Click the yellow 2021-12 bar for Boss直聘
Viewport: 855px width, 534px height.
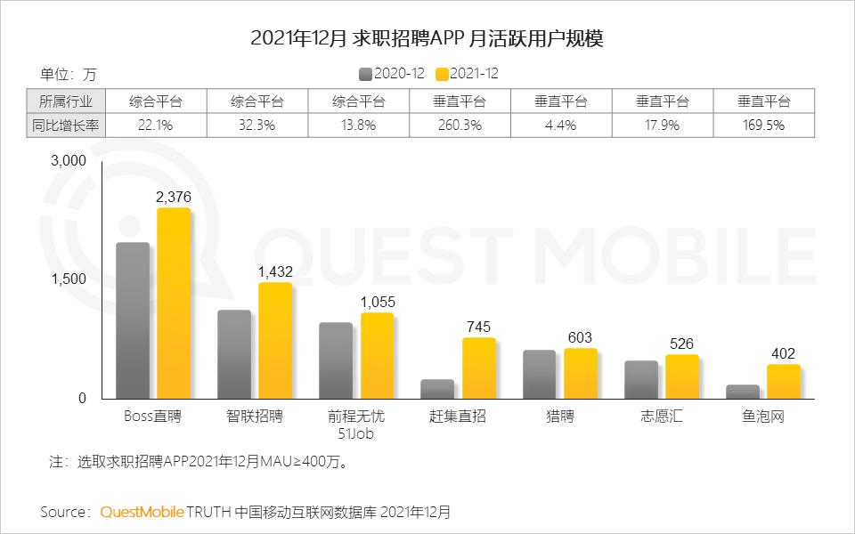tap(174, 303)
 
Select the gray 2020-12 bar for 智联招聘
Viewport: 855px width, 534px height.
tap(234, 354)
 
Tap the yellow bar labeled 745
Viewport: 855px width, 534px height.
tap(478, 368)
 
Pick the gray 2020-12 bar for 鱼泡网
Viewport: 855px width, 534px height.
tap(742, 392)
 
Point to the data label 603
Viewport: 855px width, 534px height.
tap(580, 337)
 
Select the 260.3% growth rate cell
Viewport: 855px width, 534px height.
tap(460, 125)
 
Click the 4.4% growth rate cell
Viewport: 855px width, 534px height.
tap(561, 125)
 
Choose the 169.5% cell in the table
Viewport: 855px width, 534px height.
tap(763, 125)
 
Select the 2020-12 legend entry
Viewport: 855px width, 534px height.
tap(392, 73)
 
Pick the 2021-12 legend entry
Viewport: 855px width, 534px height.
tap(467, 73)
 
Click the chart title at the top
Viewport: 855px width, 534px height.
tap(427, 38)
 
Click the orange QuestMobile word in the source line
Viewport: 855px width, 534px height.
tap(142, 512)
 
